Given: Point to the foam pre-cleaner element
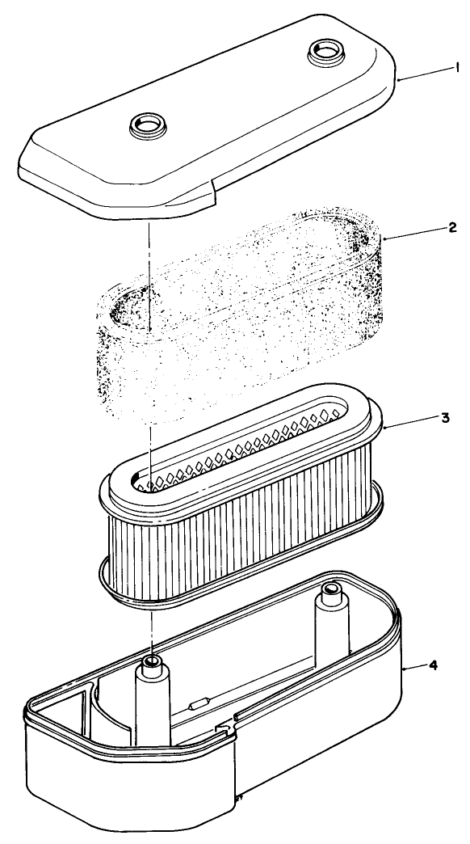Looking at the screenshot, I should point(242,315).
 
